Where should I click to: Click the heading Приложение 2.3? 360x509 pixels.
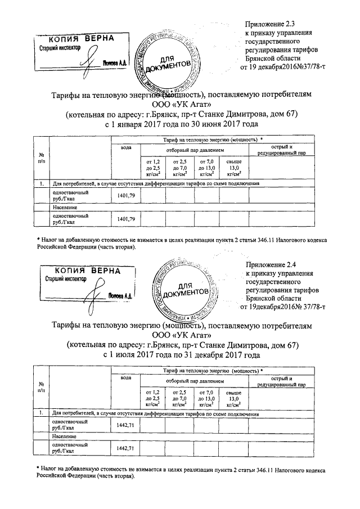[x=271, y=24]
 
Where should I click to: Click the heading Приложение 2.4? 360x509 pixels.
[x=271, y=264]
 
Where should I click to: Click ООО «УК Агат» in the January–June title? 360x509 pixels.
[x=181, y=105]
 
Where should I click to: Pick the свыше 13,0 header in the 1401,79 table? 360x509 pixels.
[x=235, y=168]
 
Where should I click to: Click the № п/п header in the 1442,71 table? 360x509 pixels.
[x=41, y=386]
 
